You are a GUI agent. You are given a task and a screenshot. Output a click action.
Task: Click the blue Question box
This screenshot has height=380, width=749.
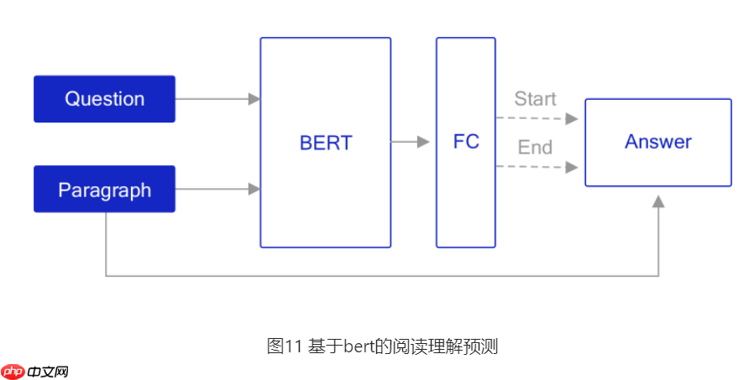tap(104, 99)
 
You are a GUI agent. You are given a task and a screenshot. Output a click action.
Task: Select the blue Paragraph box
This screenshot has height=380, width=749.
tap(104, 190)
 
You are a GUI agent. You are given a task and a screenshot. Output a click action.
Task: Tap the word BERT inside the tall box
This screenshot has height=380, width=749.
tap(326, 143)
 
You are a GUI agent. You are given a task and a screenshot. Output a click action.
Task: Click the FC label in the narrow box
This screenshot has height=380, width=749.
tap(466, 142)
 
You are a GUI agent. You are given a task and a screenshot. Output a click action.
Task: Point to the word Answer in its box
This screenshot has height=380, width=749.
tap(657, 142)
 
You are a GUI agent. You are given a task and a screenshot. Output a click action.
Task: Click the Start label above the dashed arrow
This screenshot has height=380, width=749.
tap(535, 99)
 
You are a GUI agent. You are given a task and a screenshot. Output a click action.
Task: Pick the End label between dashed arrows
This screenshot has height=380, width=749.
tap(535, 148)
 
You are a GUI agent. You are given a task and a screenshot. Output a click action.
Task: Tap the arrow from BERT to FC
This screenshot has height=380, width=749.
tap(411, 143)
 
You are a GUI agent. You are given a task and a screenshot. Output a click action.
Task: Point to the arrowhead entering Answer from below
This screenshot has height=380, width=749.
tap(658, 202)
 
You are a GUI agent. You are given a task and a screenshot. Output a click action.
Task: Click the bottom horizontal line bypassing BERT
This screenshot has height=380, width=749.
tap(378, 275)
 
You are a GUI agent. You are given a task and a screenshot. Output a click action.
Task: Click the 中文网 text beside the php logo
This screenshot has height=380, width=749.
tap(47, 371)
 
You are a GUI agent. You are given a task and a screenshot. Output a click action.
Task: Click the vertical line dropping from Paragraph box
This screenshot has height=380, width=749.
tap(106, 243)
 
